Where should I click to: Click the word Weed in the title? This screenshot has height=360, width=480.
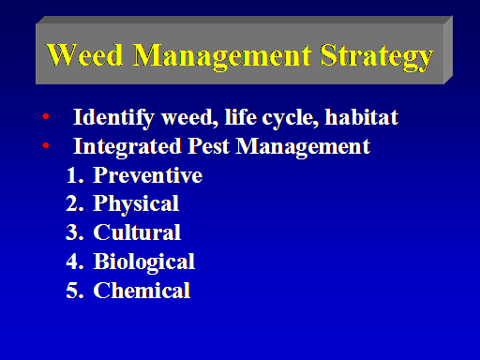pyautogui.click(x=84, y=54)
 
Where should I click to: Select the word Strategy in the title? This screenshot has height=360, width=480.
pyautogui.click(x=377, y=57)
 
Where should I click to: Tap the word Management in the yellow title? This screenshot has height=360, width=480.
pyautogui.click(x=222, y=57)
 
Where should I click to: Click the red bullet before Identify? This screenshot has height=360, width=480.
pyautogui.click(x=46, y=116)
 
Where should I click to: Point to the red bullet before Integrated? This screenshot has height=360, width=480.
pyautogui.click(x=46, y=145)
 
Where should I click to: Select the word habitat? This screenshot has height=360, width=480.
pyautogui.click(x=362, y=117)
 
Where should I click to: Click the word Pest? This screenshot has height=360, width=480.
pyautogui.click(x=208, y=146)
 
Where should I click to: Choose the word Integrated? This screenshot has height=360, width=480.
pyautogui.click(x=127, y=147)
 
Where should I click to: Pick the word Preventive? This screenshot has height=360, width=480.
pyautogui.click(x=148, y=174)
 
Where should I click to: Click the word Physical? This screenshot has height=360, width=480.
pyautogui.click(x=136, y=205)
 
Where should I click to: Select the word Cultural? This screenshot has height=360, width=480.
pyautogui.click(x=137, y=232)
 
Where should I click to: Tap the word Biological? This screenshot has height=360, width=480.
pyautogui.click(x=144, y=262)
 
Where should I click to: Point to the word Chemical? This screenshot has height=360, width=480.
pyautogui.click(x=142, y=290)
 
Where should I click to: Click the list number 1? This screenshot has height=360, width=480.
pyautogui.click(x=75, y=175)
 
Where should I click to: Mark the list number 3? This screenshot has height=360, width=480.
pyautogui.click(x=75, y=232)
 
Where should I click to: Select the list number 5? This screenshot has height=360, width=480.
pyautogui.click(x=75, y=291)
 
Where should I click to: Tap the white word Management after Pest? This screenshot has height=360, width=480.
pyautogui.click(x=303, y=147)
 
